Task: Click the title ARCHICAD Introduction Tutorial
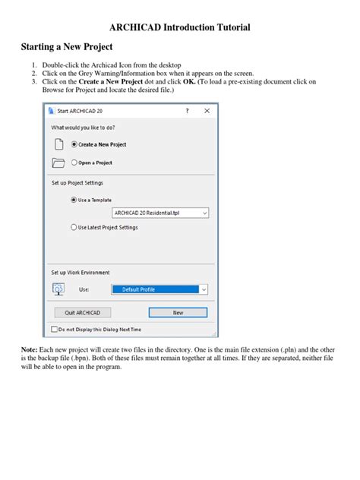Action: pos(180,27)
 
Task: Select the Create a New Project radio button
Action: pos(74,144)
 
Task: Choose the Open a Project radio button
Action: pos(74,163)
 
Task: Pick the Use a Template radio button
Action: pos(74,200)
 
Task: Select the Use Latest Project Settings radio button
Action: pos(74,226)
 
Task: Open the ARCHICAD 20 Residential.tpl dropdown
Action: pos(159,213)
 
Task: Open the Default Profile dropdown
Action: pos(159,289)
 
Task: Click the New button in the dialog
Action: pos(178,312)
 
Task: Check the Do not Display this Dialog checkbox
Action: pos(54,330)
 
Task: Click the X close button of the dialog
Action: pos(205,111)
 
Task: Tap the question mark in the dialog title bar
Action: pos(187,111)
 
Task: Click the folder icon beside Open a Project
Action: pos(57,163)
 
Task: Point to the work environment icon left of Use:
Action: pos(58,289)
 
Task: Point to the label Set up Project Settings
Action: pos(77,183)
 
